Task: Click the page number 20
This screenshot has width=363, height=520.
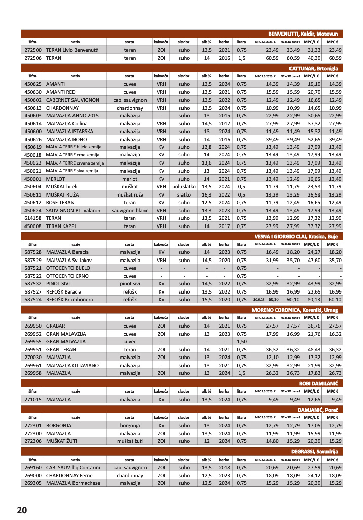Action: [21, 510]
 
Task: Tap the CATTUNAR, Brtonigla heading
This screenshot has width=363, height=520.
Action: [313, 68]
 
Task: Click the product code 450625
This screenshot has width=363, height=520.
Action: [32, 84]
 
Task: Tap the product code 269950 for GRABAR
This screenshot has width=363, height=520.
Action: [32, 325]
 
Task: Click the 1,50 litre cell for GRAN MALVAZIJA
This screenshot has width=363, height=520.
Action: [242, 341]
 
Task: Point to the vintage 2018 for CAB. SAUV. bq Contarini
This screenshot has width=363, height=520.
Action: [224, 467]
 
